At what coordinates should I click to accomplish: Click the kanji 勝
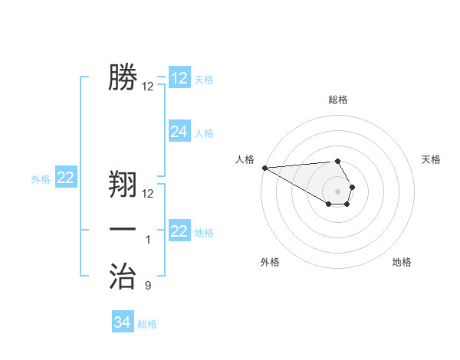[x=123, y=77]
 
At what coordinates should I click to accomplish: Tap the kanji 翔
[x=123, y=185]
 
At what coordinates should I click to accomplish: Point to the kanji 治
[x=123, y=277]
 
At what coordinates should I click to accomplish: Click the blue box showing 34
[x=123, y=322]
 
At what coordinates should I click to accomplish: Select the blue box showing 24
[x=179, y=132]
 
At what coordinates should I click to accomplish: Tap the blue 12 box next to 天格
[x=179, y=78]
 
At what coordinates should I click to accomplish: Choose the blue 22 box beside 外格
[x=66, y=178]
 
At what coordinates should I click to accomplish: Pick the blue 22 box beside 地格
[x=179, y=231]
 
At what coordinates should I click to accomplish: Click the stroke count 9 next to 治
[x=148, y=286]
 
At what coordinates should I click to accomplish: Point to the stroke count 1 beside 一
[x=148, y=240]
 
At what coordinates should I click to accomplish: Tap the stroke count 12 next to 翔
[x=148, y=194]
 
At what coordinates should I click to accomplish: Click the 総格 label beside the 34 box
[x=147, y=324]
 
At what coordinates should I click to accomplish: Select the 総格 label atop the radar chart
[x=337, y=100]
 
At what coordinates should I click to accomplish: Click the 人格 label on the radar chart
[x=245, y=159]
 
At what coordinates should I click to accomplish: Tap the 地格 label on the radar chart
[x=402, y=262]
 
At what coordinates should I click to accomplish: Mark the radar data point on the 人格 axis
[x=264, y=167]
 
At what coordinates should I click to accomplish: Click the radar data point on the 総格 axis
[x=337, y=161]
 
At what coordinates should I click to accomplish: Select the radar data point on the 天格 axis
[x=352, y=187]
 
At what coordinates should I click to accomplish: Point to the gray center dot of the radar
[x=337, y=191]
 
